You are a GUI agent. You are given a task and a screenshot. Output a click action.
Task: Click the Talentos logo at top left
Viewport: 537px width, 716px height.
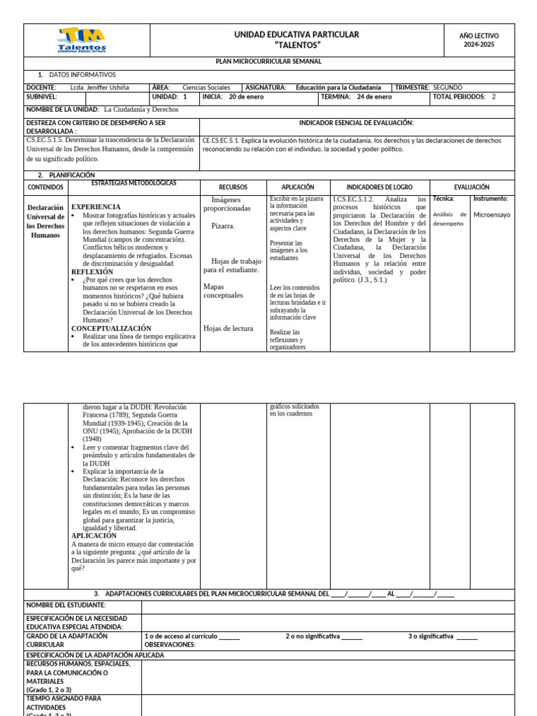pyautogui.click(x=82, y=40)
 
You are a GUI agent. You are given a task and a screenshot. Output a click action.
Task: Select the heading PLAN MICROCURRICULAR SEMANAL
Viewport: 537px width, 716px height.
pyautogui.click(x=268, y=62)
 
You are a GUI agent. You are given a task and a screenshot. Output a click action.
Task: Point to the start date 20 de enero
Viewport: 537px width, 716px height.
pyautogui.click(x=246, y=97)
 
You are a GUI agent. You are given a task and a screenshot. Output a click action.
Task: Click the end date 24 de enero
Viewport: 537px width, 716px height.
pyautogui.click(x=374, y=97)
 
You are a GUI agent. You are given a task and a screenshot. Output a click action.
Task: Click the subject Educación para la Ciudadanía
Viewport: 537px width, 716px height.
pyautogui.click(x=338, y=87)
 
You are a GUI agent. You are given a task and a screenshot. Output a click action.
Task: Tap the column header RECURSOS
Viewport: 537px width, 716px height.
pyautogui.click(x=233, y=187)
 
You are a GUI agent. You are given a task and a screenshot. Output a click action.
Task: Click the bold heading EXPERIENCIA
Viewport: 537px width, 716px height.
pyautogui.click(x=96, y=207)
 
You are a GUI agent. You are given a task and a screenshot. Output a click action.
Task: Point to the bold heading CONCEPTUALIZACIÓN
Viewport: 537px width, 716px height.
pyautogui.click(x=111, y=328)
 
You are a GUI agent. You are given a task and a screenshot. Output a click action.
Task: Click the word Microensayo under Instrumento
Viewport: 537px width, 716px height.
pyautogui.click(x=491, y=215)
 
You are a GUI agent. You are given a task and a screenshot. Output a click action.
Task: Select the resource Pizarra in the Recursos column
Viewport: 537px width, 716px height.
pyautogui.click(x=223, y=226)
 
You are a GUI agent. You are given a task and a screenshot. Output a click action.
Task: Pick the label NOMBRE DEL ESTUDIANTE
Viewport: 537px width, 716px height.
pyautogui.click(x=66, y=605)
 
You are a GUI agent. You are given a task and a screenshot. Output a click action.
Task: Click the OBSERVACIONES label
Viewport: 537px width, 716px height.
pyautogui.click(x=169, y=645)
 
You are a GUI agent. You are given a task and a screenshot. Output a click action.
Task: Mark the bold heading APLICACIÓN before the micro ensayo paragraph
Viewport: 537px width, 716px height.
pyautogui.click(x=94, y=536)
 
